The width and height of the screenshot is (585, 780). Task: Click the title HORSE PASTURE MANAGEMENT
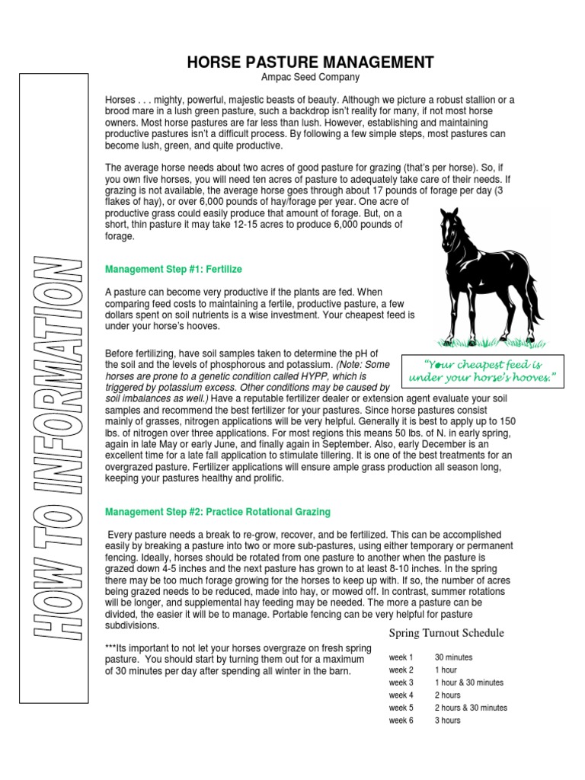[x=311, y=62]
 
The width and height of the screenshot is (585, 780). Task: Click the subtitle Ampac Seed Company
[x=311, y=78]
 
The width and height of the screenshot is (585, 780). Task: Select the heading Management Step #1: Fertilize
[x=174, y=269]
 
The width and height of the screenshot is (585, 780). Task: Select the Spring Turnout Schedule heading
[x=446, y=633]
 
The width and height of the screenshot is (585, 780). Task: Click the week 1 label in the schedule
[x=401, y=657]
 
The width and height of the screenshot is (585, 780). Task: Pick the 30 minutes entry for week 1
[x=454, y=657]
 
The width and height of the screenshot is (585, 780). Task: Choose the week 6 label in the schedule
[x=401, y=721]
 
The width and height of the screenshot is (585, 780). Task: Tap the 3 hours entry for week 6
[x=448, y=721]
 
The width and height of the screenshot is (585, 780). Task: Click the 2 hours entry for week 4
[x=448, y=695]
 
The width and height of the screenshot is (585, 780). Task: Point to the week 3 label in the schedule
[x=401, y=682]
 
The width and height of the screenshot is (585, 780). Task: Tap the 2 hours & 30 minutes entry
[x=471, y=708]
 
